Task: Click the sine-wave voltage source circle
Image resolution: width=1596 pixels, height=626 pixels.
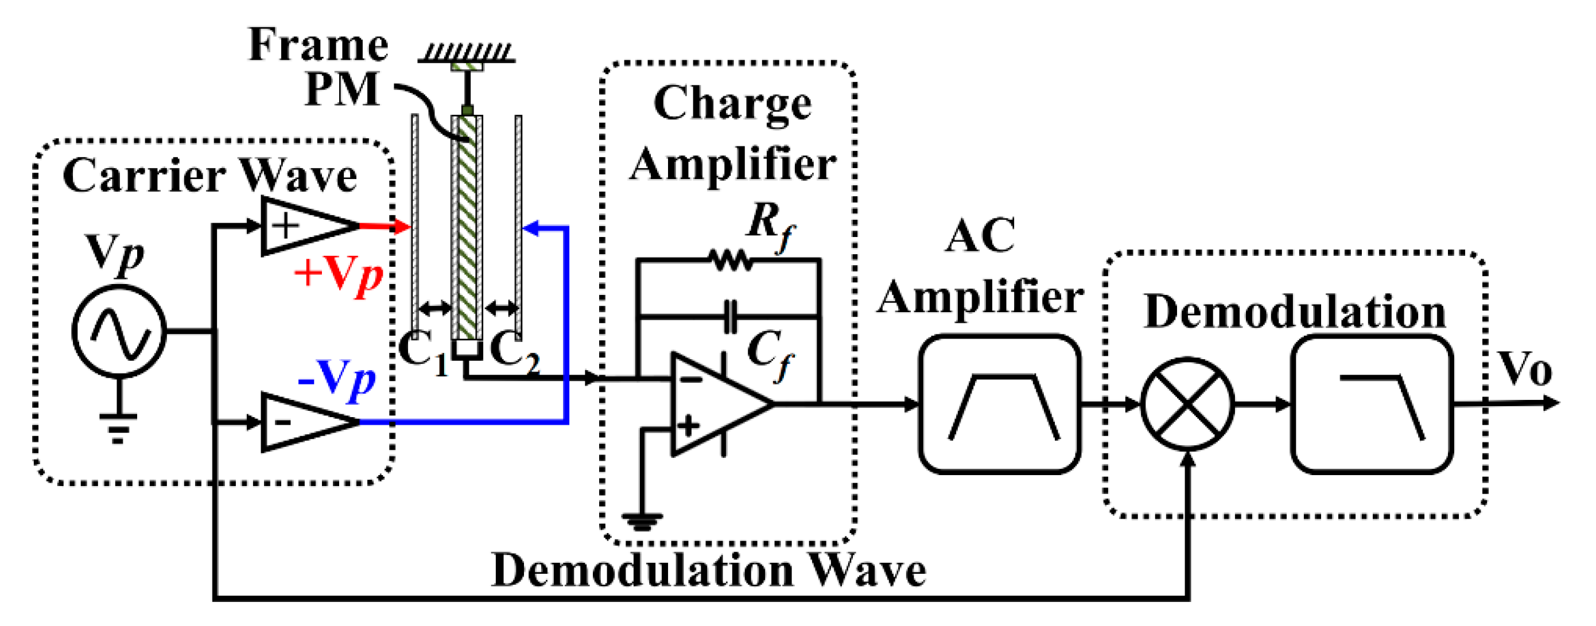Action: coord(119,331)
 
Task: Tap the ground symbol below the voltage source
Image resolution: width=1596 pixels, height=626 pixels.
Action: coord(118,427)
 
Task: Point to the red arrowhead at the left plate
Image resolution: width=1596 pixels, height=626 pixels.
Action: coord(402,227)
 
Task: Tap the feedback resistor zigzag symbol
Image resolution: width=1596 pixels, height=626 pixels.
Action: coord(731,260)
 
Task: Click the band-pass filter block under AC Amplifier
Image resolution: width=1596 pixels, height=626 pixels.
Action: coord(999,404)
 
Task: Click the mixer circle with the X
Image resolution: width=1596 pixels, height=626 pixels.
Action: coord(1187,404)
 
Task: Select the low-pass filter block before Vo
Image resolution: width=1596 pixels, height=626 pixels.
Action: coord(1372,404)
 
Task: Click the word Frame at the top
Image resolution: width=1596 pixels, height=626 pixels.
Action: coord(318,45)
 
